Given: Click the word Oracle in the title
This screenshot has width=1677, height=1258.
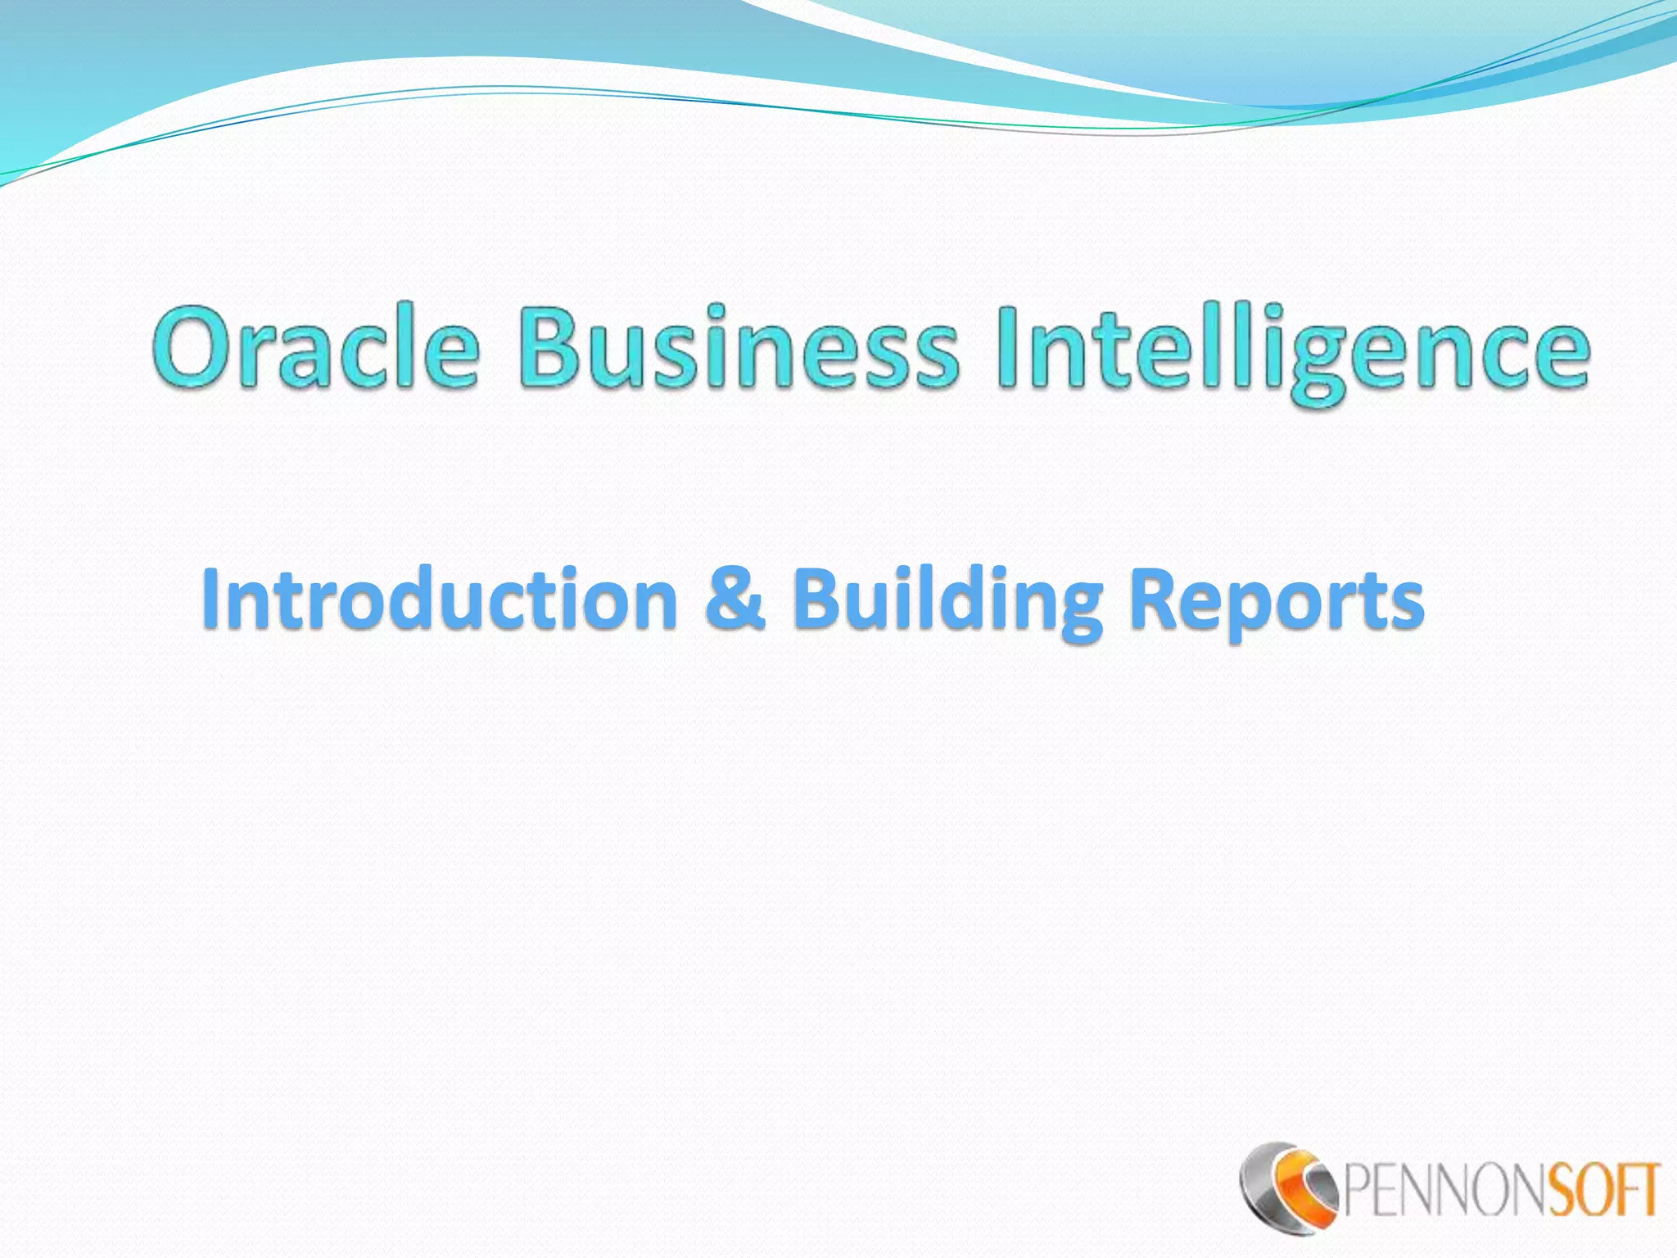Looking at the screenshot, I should [x=315, y=348].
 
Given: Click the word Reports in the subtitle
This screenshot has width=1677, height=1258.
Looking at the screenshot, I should [x=1276, y=602].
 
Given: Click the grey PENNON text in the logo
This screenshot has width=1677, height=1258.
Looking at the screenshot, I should [x=1442, y=1192].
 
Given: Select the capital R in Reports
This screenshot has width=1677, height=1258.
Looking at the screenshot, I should [x=1155, y=600].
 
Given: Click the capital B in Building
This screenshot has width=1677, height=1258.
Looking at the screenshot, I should [x=818, y=600].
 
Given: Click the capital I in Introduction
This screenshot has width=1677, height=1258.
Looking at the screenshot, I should [x=211, y=600].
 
